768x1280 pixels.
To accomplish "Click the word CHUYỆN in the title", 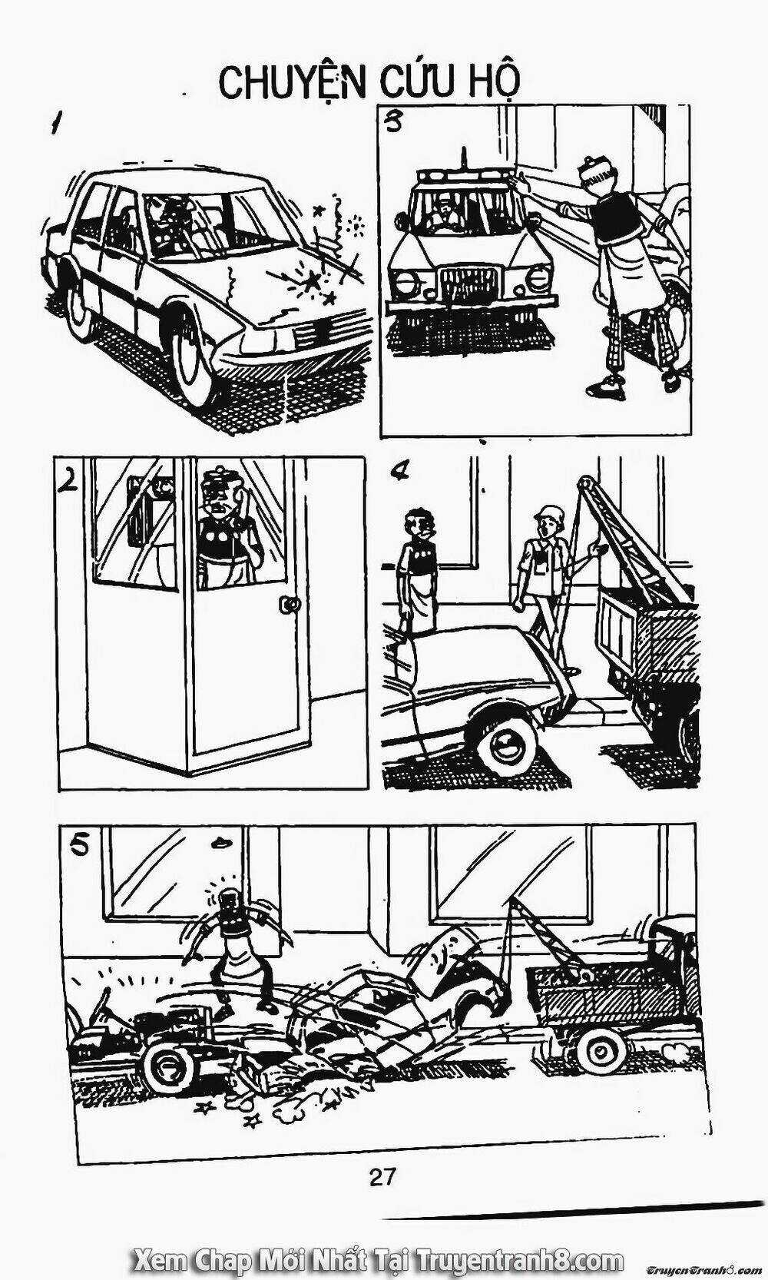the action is pyautogui.click(x=292, y=84).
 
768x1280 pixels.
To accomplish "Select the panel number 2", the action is pyautogui.click(x=68, y=482).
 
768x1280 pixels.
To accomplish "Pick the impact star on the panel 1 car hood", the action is pyautogui.click(x=313, y=280).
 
